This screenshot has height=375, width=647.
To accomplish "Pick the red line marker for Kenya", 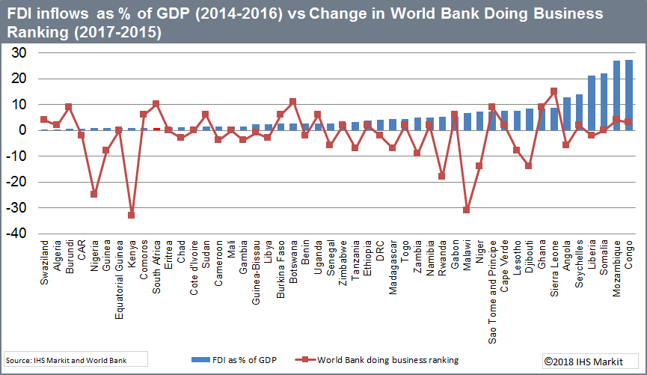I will coord(132,215).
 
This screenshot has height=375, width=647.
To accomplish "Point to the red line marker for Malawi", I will coord(467,210).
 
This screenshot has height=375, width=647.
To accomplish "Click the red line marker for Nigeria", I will coord(94,194).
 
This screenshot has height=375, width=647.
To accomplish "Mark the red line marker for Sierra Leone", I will coord(554,91).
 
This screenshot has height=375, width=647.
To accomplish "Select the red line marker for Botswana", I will coord(293,101).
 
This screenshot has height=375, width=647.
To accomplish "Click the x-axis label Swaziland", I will coord(44,262).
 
